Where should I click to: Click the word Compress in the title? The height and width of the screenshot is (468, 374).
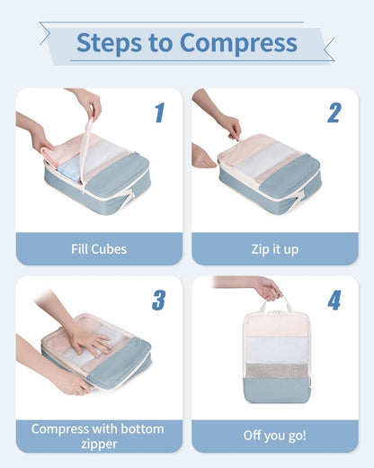pos(238,42)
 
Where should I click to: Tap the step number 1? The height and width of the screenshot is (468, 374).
pos(159,112)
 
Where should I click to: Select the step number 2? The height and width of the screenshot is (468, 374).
pos(334,112)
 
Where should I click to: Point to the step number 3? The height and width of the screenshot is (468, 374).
pos(158,300)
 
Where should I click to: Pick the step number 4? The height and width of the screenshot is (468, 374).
pos(334,300)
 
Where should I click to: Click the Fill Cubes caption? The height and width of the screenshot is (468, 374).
pos(99,249)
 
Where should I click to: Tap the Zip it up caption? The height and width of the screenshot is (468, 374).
pos(274,249)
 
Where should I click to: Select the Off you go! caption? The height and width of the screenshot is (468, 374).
pos(274,436)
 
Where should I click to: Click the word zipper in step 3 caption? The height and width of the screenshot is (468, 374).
pos(99,444)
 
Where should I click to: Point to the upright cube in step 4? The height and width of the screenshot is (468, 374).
pos(274,355)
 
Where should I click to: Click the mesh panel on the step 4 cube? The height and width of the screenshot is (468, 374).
pos(274,371)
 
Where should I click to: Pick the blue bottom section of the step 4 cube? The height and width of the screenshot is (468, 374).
pos(274,392)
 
